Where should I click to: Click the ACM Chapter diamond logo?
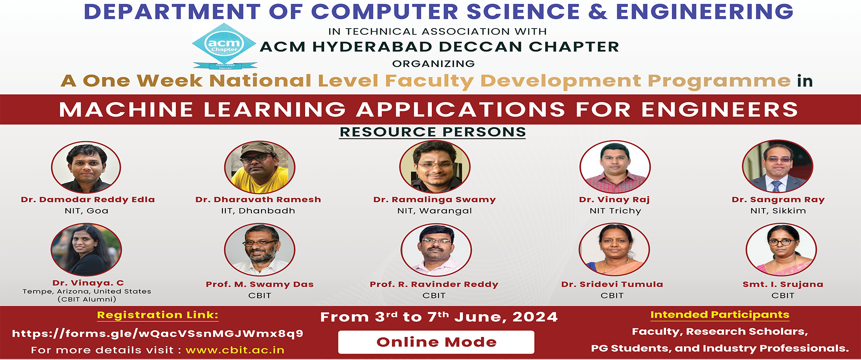pos(224,44)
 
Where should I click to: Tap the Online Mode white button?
pos(436,342)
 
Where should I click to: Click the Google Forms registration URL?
pos(158,334)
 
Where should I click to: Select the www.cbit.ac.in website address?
pos(235,350)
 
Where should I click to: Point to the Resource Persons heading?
pos(433,132)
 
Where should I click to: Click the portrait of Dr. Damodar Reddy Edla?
pos(86,167)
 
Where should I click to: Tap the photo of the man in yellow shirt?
pos(259,167)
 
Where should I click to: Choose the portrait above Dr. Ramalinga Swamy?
pos(435,167)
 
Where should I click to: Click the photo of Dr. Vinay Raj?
pos(615,167)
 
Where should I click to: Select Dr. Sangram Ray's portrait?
pos(778,167)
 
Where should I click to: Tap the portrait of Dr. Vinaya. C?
pos(86,250)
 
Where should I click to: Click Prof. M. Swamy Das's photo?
pos(259,250)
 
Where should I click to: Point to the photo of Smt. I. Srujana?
pos(781,250)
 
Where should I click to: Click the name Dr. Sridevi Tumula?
pos(612,284)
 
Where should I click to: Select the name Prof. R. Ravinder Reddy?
pos(434,284)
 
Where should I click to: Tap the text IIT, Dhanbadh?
pos(258,211)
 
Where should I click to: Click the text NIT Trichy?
pos(615,211)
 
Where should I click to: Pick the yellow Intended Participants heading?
pos(720,315)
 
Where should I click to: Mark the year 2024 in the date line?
pos(535,317)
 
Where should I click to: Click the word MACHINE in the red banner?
pos(126,110)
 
